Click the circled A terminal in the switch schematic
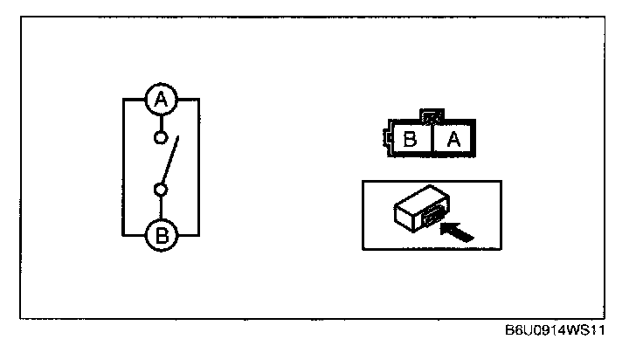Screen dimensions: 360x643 (161, 100)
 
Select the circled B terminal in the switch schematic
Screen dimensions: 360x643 (161, 233)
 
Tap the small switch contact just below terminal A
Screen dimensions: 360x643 (160, 137)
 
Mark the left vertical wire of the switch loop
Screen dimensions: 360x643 (123, 166)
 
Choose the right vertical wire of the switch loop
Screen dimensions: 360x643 (200, 166)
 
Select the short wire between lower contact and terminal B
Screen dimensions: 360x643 (161, 205)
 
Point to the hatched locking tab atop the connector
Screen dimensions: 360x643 (432, 115)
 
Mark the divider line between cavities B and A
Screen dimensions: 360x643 (433, 139)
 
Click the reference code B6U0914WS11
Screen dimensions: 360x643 (555, 333)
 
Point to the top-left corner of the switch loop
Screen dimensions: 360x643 (123, 100)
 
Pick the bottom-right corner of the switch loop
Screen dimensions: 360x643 (200, 234)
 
